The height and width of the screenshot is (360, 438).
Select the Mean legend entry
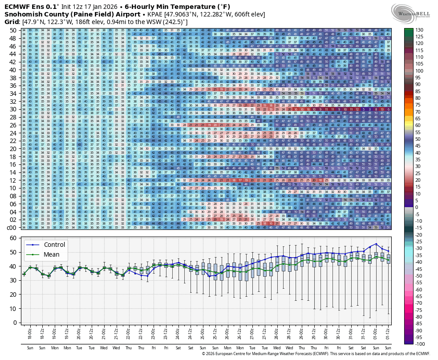[x=51, y=255]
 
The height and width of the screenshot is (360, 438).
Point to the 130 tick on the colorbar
[x=419, y=29]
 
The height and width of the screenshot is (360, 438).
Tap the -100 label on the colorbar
[x=419, y=344]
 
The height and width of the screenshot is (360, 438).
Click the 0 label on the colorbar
[x=417, y=207]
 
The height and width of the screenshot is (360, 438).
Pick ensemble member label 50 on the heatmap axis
[x=13, y=30]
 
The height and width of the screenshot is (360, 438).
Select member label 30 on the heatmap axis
[x=13, y=109]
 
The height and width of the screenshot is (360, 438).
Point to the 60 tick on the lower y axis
[x=13, y=238]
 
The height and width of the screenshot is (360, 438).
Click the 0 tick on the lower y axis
[x=15, y=322]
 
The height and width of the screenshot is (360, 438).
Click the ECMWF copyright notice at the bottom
[x=316, y=354]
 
